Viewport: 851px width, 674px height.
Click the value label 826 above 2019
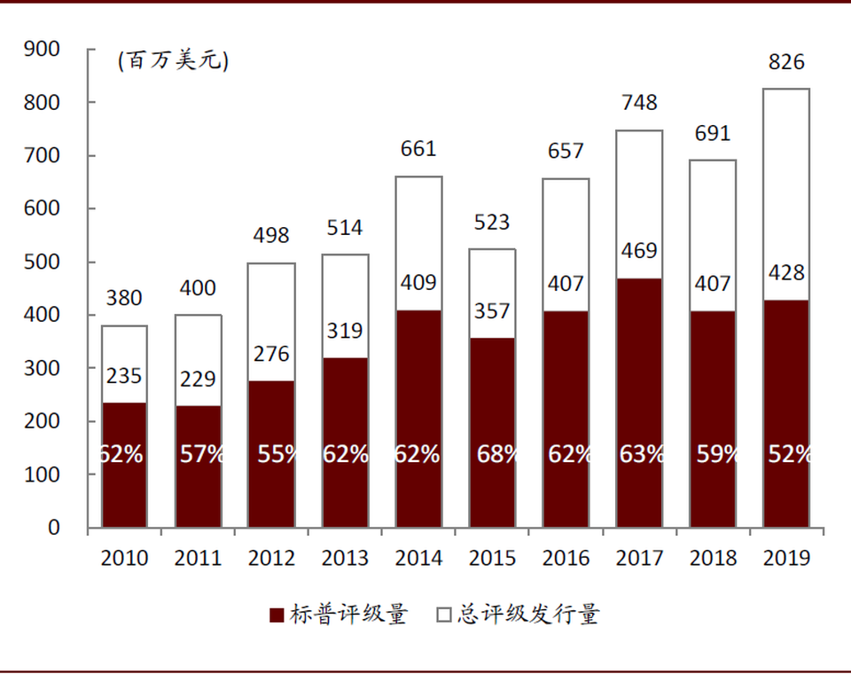786,62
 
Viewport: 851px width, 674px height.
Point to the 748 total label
639,103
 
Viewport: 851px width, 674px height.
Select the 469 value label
639,251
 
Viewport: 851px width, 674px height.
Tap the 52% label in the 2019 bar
789,454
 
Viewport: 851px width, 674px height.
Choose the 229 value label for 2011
198,379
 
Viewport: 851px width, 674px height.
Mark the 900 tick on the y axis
43,50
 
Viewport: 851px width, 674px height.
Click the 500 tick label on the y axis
43,263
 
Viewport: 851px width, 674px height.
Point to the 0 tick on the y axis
53,528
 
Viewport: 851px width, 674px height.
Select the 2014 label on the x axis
418,558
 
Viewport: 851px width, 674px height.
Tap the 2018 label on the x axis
713,558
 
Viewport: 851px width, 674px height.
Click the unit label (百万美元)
173,61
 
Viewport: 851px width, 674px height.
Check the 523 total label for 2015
492,222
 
